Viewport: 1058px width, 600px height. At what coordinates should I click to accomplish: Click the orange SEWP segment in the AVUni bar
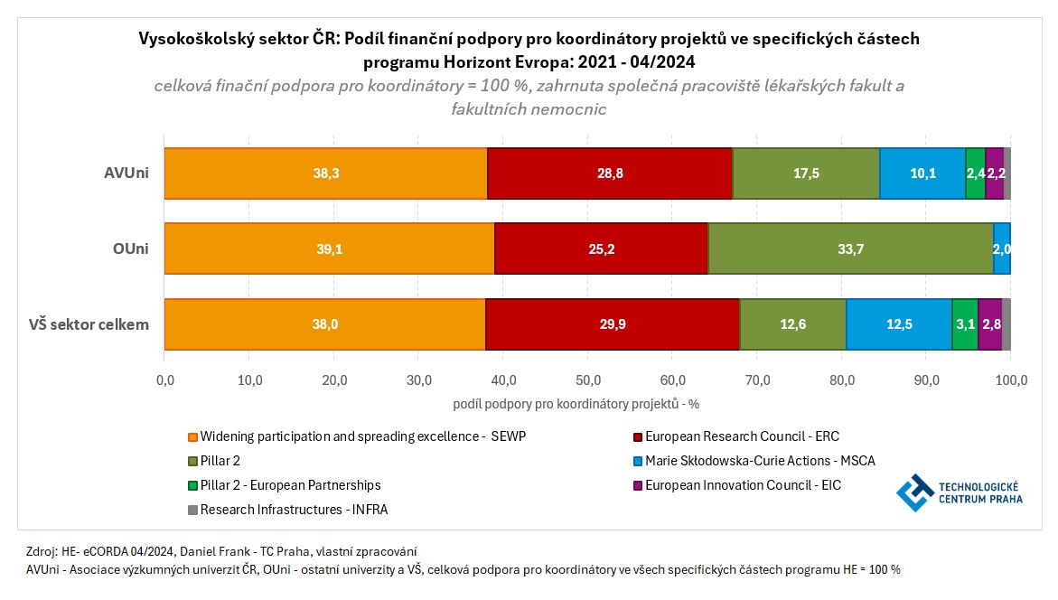pyautogui.click(x=325, y=173)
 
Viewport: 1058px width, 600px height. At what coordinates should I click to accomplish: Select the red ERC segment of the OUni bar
pyautogui.click(x=601, y=248)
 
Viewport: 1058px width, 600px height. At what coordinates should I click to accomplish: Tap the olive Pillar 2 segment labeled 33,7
pyautogui.click(x=850, y=248)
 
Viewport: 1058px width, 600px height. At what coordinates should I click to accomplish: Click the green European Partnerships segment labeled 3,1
pyautogui.click(x=965, y=323)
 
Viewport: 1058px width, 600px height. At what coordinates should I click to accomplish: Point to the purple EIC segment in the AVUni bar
pyautogui.click(x=995, y=173)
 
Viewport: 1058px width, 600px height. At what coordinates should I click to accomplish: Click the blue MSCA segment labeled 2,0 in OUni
pyautogui.click(x=1002, y=248)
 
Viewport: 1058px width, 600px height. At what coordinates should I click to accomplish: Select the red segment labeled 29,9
pyautogui.click(x=613, y=323)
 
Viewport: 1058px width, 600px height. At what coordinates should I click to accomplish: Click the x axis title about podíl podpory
pyautogui.click(x=587, y=402)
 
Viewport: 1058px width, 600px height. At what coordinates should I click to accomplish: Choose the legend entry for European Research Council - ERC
pyautogui.click(x=742, y=436)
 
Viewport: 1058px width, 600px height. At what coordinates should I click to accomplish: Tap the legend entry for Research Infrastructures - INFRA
pyautogui.click(x=294, y=510)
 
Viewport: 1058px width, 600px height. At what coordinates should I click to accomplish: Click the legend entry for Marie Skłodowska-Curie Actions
pyautogui.click(x=760, y=461)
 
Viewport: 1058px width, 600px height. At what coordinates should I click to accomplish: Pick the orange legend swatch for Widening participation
pyautogui.click(x=192, y=437)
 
